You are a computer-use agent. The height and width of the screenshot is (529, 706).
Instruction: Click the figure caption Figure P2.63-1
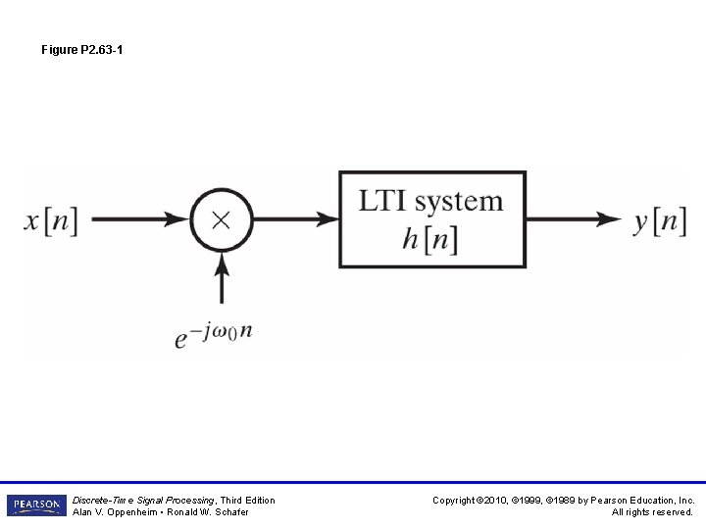(x=82, y=49)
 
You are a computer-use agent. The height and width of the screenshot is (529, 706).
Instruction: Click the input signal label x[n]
(x=51, y=219)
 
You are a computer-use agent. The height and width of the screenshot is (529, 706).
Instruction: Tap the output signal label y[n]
(x=658, y=220)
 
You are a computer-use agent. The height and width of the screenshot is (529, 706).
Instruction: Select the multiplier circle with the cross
(x=221, y=219)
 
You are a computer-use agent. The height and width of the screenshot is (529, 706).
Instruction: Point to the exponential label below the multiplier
(x=214, y=334)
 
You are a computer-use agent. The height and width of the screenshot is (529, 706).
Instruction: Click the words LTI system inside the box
(x=430, y=202)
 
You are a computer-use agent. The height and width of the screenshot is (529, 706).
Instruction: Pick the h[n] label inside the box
(x=429, y=238)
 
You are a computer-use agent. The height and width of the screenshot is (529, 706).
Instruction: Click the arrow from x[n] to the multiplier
(x=137, y=219)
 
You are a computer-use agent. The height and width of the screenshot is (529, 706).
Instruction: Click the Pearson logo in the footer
(x=35, y=505)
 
